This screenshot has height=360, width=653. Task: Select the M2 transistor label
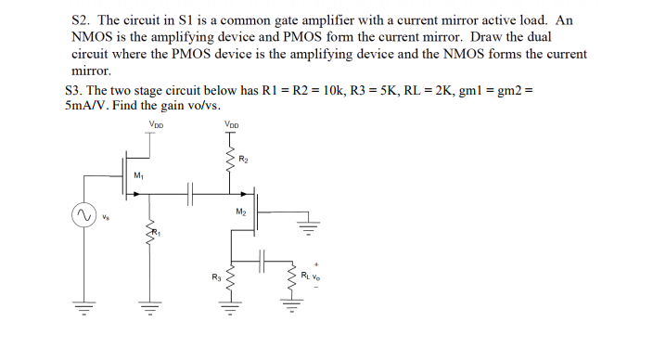point(242,212)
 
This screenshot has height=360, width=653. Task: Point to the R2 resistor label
point(244,160)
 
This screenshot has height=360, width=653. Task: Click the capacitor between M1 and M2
point(190,194)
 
